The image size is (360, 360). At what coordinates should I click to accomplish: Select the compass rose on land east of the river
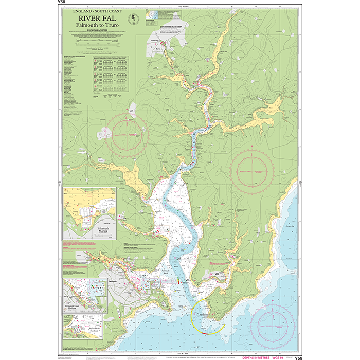pos(252,168)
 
